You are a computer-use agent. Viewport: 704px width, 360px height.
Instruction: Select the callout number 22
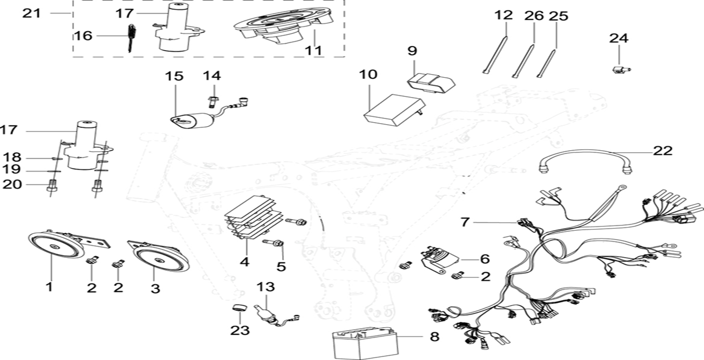coord(662,151)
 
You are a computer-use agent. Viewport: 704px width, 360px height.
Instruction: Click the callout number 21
coord(31,13)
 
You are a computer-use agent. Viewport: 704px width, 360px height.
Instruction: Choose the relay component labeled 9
coord(431,81)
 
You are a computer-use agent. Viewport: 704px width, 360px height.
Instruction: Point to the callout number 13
coord(265,286)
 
